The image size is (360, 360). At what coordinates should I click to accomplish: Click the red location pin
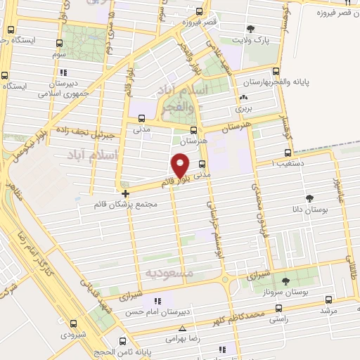point(181,165)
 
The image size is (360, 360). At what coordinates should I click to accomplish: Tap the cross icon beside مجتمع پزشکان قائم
point(125,193)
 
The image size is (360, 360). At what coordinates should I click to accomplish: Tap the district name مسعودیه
point(168,271)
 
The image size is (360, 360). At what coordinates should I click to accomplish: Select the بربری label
point(243,110)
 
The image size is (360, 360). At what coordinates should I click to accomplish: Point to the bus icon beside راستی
point(279,307)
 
